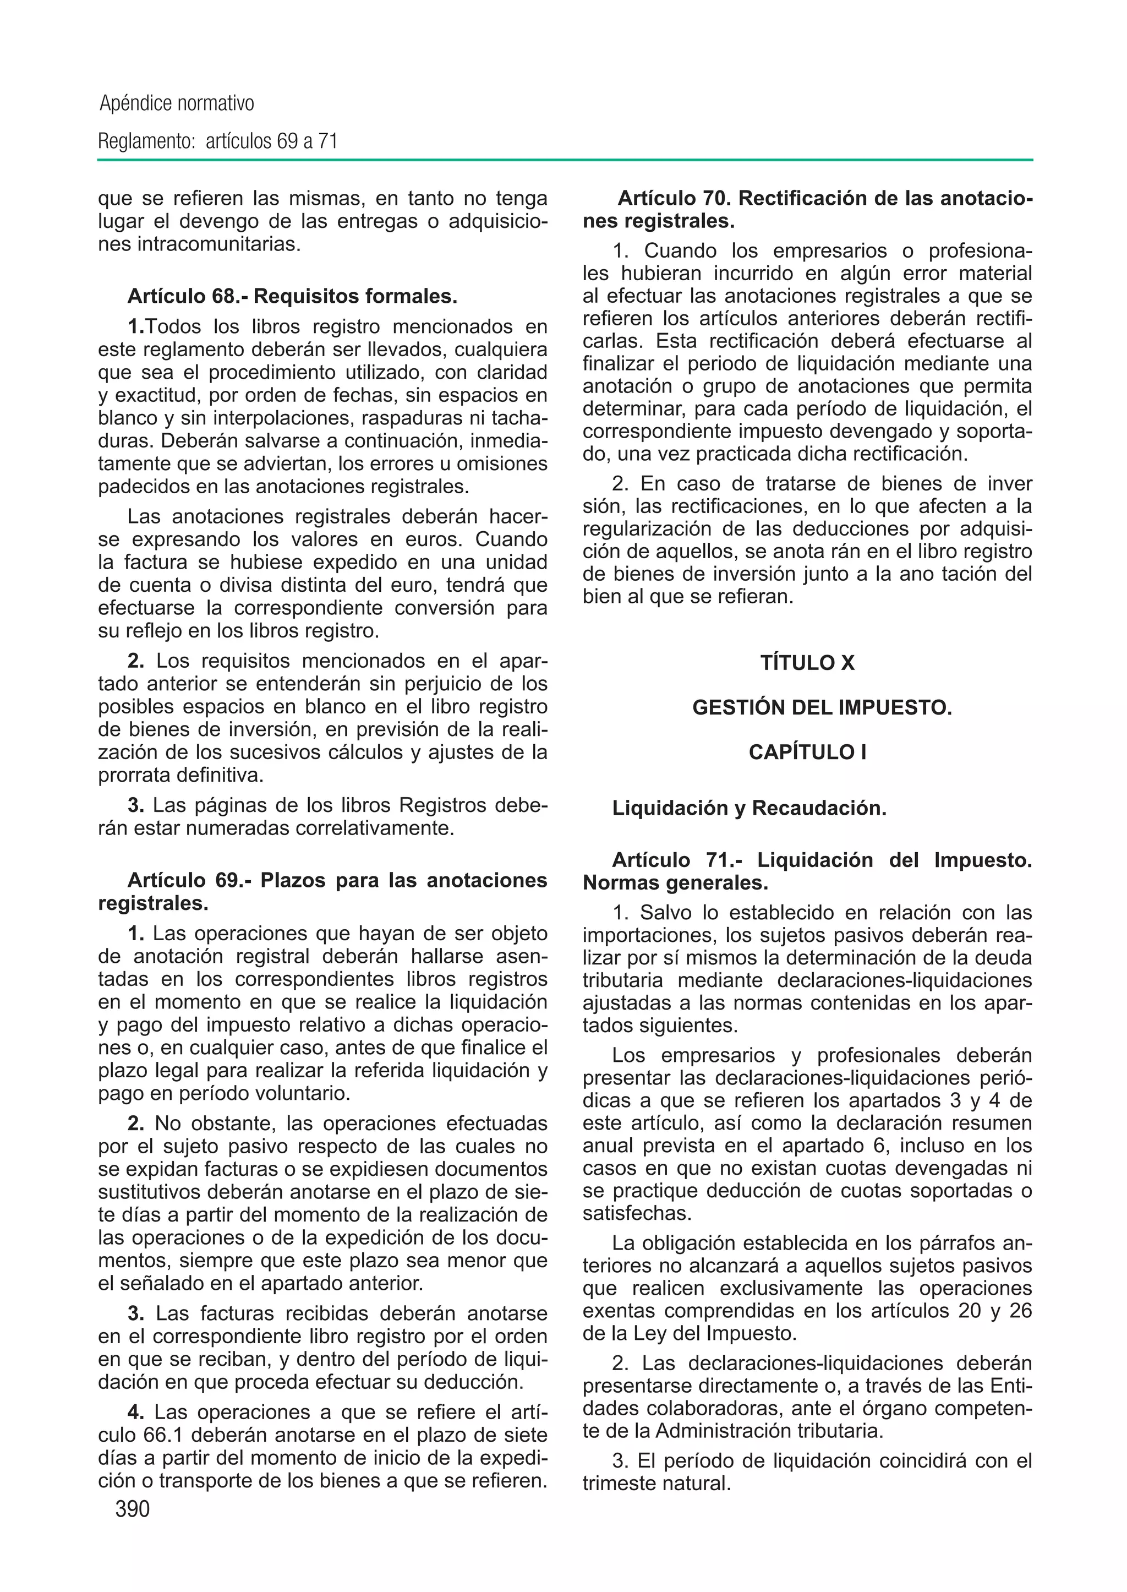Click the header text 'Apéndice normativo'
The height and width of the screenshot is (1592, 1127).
pyautogui.click(x=177, y=104)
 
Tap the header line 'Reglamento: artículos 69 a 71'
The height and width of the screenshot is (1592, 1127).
pyautogui.click(x=218, y=141)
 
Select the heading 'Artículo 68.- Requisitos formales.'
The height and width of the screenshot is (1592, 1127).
pyautogui.click(x=292, y=297)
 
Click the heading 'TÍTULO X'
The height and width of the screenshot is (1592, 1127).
pyautogui.click(x=807, y=663)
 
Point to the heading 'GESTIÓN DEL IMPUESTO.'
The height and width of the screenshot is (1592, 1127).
pyautogui.click(x=822, y=708)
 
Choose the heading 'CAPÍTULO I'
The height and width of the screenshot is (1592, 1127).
pyautogui.click(x=807, y=753)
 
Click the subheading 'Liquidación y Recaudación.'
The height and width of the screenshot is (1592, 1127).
pyautogui.click(x=749, y=809)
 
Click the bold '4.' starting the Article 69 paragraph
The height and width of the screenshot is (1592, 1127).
pyautogui.click(x=136, y=1413)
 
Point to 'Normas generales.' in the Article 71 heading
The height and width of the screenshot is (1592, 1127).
pyautogui.click(x=675, y=883)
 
